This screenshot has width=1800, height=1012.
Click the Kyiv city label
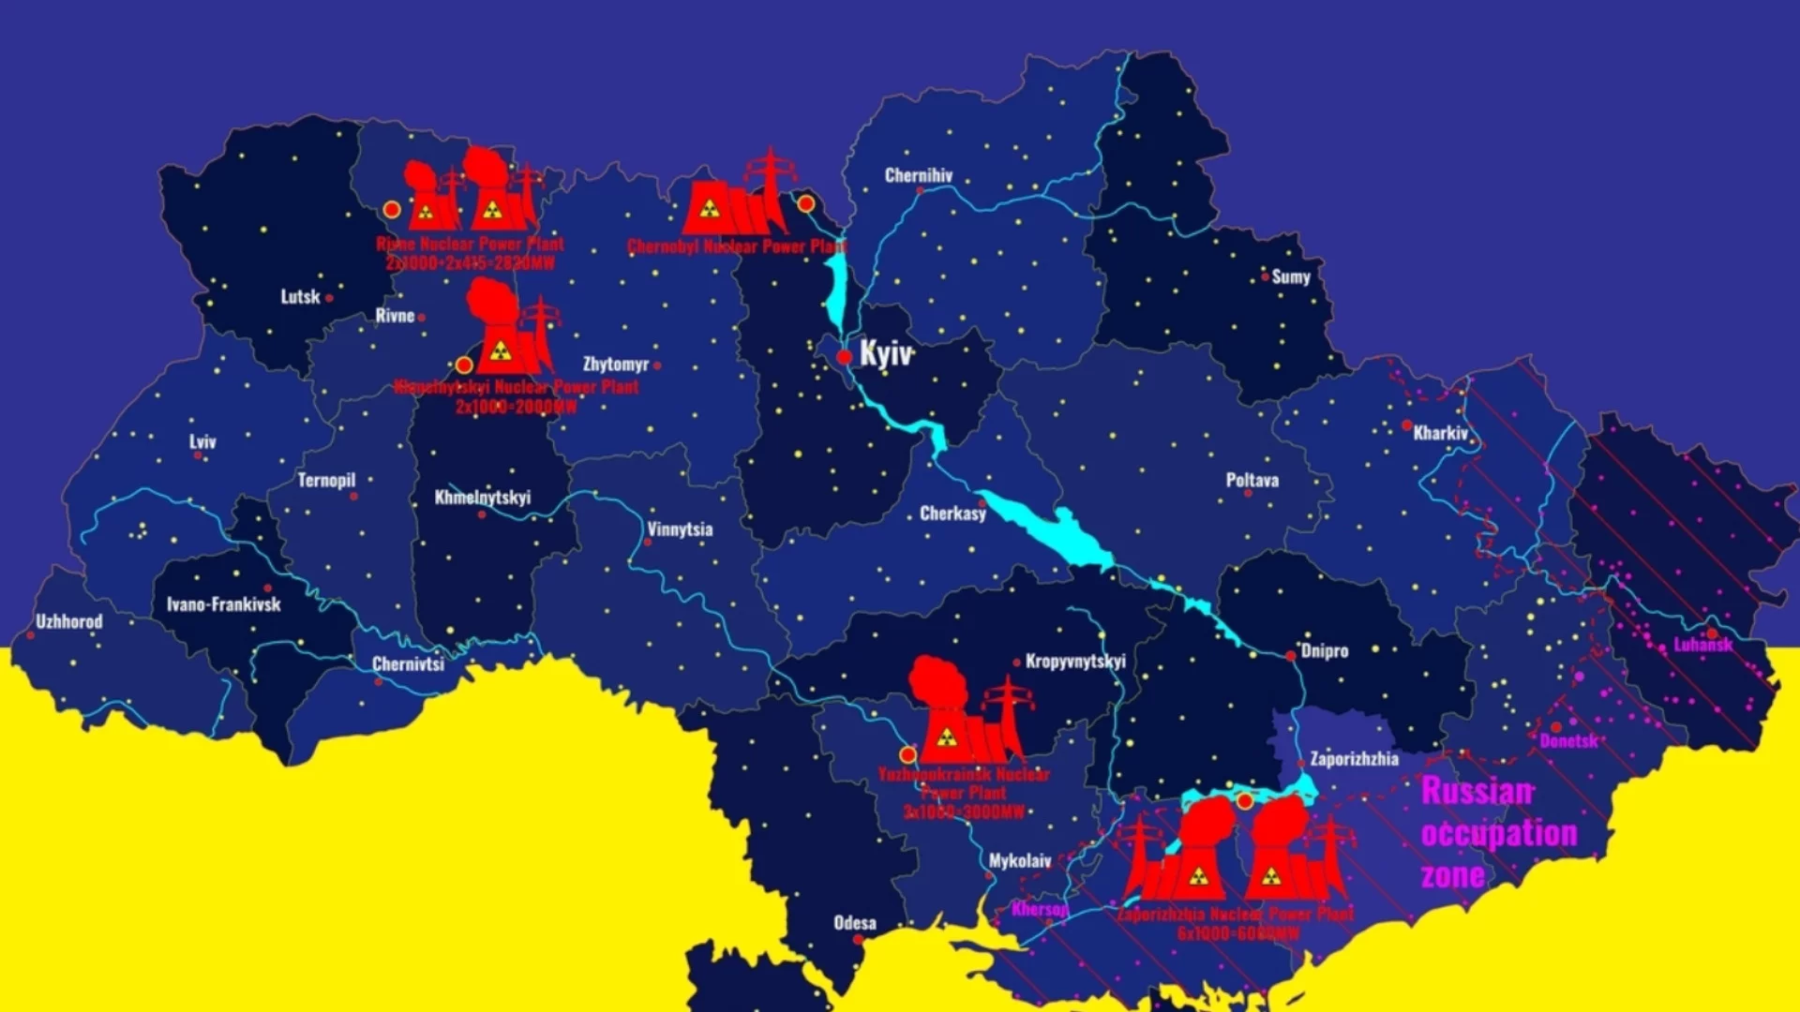(x=885, y=354)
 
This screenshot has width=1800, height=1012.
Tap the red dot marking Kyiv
(x=844, y=357)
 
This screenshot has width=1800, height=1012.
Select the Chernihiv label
(x=918, y=175)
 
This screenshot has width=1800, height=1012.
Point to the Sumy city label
(x=1290, y=276)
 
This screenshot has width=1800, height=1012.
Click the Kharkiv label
(x=1440, y=433)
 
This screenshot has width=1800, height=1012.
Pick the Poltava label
(x=1252, y=480)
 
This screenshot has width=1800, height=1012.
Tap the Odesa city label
(x=855, y=923)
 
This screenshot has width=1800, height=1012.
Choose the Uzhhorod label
(x=69, y=621)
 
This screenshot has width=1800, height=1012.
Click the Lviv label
(x=202, y=441)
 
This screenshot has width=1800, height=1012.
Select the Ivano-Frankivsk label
(x=224, y=604)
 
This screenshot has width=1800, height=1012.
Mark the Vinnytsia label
(x=680, y=529)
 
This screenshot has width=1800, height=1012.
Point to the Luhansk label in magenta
(x=1702, y=645)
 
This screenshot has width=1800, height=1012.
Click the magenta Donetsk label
(x=1568, y=741)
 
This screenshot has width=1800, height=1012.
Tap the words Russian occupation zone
(x=1497, y=833)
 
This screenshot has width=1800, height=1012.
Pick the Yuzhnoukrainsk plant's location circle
(x=907, y=754)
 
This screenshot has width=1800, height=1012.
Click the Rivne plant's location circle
(x=392, y=210)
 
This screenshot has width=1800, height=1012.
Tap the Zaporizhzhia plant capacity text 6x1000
(x=1237, y=933)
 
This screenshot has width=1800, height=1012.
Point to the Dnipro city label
(x=1324, y=650)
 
